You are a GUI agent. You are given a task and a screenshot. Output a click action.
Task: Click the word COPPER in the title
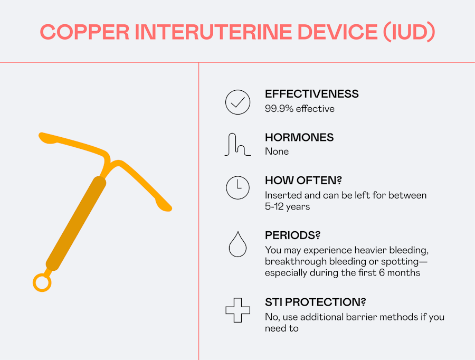pos(84,32)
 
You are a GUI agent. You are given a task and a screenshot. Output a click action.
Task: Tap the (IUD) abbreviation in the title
pos(409,32)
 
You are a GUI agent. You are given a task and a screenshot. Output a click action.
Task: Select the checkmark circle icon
pos(238,102)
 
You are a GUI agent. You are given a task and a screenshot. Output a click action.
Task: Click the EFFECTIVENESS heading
pos(312,94)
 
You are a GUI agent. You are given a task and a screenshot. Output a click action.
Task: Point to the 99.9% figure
pos(279,109)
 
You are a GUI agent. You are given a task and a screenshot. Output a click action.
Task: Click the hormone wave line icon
pos(238,145)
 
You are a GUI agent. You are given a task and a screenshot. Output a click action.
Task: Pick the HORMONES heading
pos(299,137)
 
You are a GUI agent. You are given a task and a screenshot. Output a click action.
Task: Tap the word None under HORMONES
pos(277,151)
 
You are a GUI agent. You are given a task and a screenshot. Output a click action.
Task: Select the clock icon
pos(238,187)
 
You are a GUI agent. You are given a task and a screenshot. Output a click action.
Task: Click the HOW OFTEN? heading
pos(303,181)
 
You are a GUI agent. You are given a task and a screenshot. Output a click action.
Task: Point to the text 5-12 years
pos(288,207)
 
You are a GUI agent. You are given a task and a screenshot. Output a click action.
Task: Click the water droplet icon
pos(238,244)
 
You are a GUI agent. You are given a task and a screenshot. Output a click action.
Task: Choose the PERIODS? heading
pos(292,235)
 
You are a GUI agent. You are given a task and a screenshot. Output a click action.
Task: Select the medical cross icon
pos(238,310)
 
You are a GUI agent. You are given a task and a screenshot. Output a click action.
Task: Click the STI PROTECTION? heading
pos(316,302)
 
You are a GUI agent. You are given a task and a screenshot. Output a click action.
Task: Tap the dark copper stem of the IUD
pos(75,223)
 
